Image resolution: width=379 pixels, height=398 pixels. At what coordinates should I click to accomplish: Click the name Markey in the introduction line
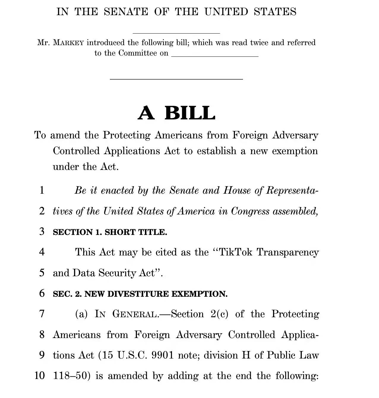click(68, 43)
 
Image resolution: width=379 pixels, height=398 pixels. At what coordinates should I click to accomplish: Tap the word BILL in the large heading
click(190, 113)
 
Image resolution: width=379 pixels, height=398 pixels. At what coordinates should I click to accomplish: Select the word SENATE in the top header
click(126, 12)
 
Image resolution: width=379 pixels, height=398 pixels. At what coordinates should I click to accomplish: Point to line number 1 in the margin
click(42, 190)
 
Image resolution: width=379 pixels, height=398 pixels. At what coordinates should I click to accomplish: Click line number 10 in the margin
click(40, 375)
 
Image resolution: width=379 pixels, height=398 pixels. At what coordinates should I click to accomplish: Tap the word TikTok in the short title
click(236, 252)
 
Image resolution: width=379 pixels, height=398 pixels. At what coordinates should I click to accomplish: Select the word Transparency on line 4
click(288, 252)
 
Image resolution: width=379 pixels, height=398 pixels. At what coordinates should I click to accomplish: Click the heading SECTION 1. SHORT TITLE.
click(110, 232)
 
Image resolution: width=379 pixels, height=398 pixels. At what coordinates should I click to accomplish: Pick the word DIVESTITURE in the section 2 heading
click(139, 294)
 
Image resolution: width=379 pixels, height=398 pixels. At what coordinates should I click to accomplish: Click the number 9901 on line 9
click(162, 355)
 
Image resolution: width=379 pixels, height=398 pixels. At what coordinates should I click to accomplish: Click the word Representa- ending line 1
click(292, 190)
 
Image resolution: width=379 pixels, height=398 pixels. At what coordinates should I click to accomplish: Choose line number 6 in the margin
click(42, 293)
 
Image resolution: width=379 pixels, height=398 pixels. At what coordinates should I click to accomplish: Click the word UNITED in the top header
click(226, 12)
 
